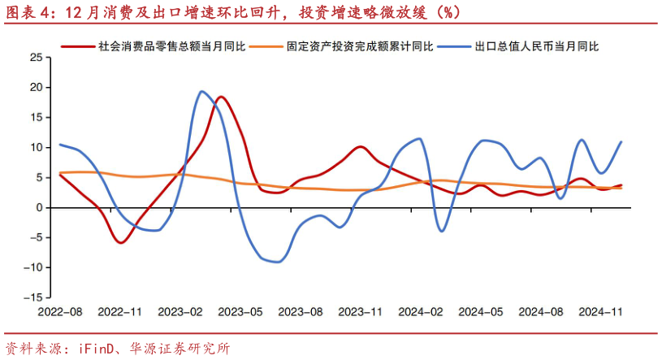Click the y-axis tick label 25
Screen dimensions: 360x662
pyautogui.click(x=35, y=57)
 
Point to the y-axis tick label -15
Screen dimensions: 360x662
pyautogui.click(x=32, y=297)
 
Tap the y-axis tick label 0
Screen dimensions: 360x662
pyautogui.click(x=38, y=207)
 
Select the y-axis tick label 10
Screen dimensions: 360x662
pyautogui.click(x=35, y=147)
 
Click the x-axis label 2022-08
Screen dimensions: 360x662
pyautogui.click(x=59, y=311)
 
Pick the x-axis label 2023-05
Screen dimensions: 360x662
pyautogui.click(x=240, y=311)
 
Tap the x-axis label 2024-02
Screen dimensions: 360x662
pyautogui.click(x=422, y=311)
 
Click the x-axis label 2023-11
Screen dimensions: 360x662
pyautogui.click(x=361, y=311)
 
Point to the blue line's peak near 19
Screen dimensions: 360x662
pyautogui.click(x=201, y=91)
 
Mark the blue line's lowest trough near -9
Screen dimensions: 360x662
pyautogui.click(x=278, y=262)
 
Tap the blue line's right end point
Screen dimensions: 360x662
pyautogui.click(x=621, y=141)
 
